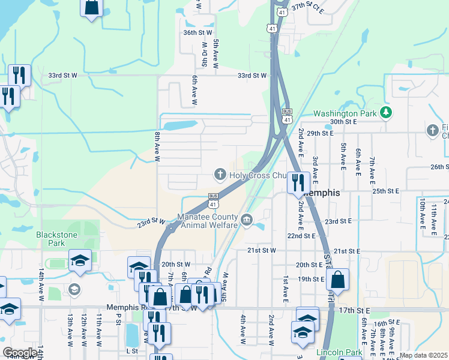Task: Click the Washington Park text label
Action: [x=345, y=113]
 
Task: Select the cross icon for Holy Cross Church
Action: [x=220, y=175]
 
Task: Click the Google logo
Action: [x=20, y=353]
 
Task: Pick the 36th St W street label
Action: [x=197, y=32]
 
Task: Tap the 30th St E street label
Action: [x=343, y=121]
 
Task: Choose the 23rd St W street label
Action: [x=151, y=222]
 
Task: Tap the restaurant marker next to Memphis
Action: [x=298, y=182]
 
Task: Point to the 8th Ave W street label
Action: [x=157, y=147]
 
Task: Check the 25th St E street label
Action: [x=385, y=191]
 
